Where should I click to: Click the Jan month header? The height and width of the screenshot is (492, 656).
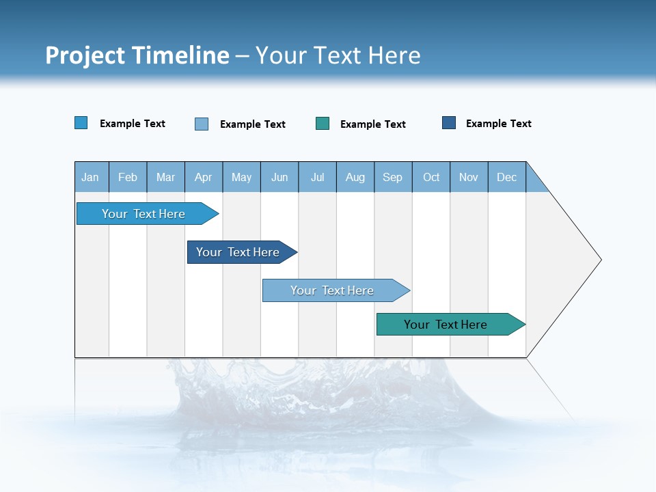point(90,177)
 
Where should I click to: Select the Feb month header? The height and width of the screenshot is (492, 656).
point(128,177)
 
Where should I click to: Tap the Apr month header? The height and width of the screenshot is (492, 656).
point(204,177)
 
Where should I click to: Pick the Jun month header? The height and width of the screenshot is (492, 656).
point(279,177)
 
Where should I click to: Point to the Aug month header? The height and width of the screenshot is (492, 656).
point(355,177)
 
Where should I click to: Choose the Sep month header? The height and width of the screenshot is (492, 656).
point(393,177)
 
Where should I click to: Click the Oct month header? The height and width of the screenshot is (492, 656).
point(431,177)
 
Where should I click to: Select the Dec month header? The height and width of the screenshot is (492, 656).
point(507,177)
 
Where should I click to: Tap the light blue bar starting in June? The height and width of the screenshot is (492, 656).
point(333,290)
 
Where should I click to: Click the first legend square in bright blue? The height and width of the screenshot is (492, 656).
point(81,123)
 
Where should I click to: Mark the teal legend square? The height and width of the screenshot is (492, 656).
point(323,124)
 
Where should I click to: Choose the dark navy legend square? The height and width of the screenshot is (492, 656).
point(449,123)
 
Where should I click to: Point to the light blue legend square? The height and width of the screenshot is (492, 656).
point(202,124)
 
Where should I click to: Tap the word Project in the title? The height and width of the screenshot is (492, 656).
point(85,55)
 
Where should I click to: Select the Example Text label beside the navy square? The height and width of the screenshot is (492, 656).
point(498,124)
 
